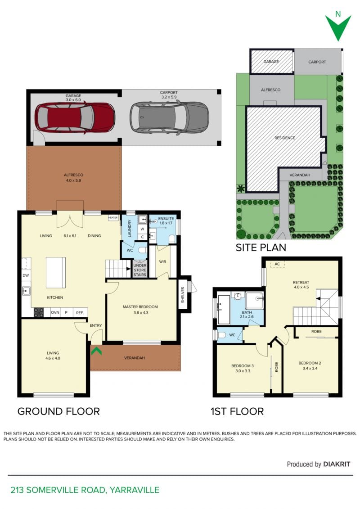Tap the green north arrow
click(x=338, y=28)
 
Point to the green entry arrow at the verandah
click(x=96, y=351)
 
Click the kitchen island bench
click(x=55, y=272)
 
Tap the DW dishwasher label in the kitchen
click(x=26, y=275)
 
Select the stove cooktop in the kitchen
click(x=39, y=312)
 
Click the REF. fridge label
click(x=80, y=313)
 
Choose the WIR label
click(x=162, y=261)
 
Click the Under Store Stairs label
click(x=140, y=270)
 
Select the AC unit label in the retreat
click(x=277, y=264)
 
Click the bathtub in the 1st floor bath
click(x=224, y=309)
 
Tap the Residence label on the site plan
click(x=285, y=138)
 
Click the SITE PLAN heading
click(x=261, y=248)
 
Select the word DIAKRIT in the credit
click(x=337, y=464)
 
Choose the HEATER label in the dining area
click(x=113, y=218)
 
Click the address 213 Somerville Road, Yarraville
click(x=85, y=490)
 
